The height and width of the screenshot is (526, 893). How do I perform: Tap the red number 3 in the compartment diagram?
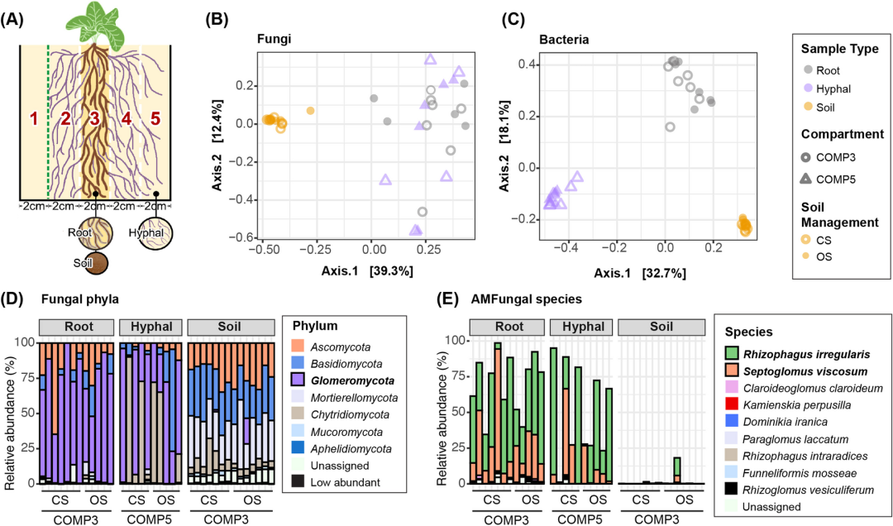94,118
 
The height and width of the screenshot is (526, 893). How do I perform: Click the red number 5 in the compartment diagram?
155,118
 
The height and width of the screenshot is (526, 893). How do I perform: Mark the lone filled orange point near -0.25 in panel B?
310,110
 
